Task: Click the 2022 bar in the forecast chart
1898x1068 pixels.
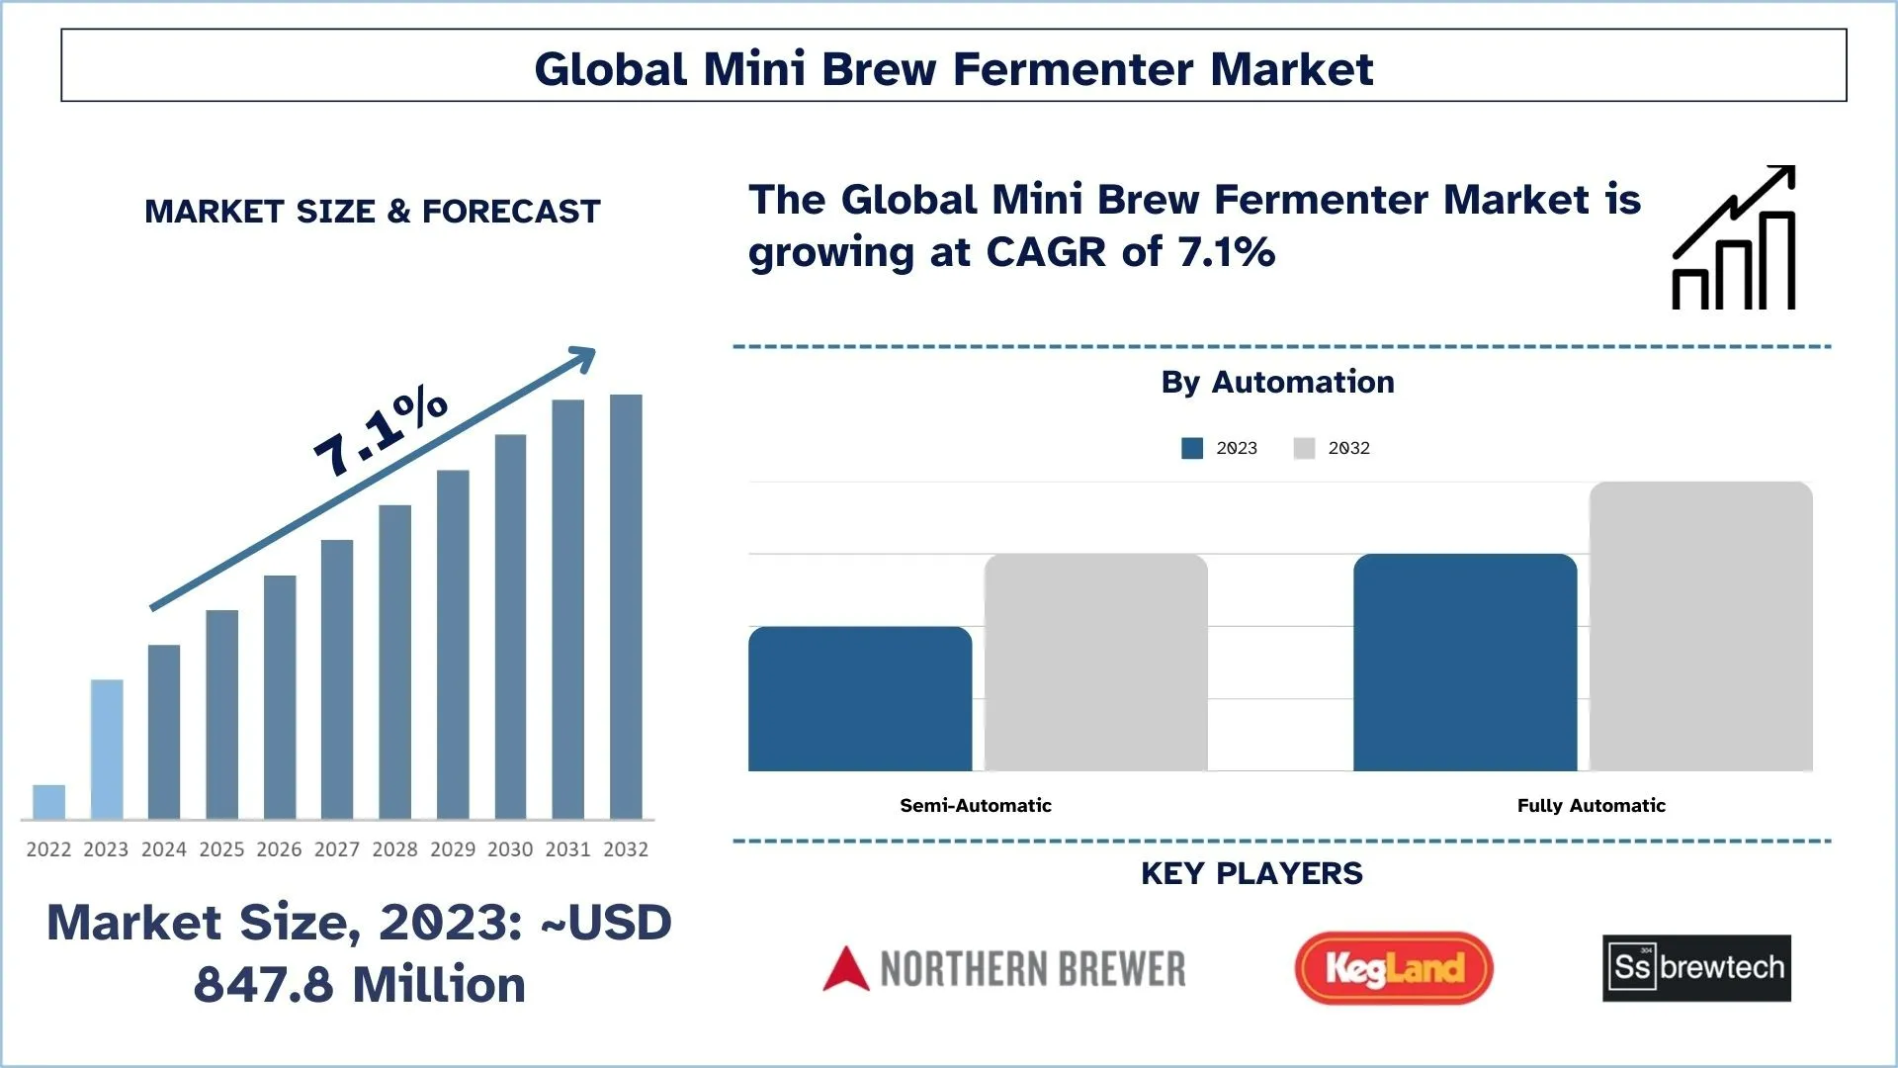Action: tap(48, 802)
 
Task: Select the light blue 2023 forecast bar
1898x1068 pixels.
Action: tap(107, 750)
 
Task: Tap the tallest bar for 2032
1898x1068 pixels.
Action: tap(626, 607)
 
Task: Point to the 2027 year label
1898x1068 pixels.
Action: tap(337, 849)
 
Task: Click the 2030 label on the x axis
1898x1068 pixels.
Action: tap(510, 849)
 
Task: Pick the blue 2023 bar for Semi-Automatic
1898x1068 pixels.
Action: tap(860, 699)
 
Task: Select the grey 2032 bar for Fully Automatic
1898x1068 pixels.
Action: tap(1701, 626)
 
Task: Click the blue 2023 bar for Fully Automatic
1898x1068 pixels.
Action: tap(1465, 663)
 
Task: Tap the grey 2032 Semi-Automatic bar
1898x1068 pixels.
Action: tap(1096, 663)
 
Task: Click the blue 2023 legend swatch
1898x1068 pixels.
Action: tap(1192, 448)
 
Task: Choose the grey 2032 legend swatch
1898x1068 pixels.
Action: tap(1304, 448)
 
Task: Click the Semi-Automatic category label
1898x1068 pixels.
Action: tap(976, 805)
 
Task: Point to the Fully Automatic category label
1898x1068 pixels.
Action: tap(1592, 805)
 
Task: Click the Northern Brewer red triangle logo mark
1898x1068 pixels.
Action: tap(846, 969)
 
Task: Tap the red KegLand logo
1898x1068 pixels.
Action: tap(1394, 968)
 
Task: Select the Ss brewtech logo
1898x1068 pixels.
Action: tap(1696, 968)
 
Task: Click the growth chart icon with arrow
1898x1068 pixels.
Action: tap(1734, 237)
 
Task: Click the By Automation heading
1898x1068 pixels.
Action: tap(1278, 382)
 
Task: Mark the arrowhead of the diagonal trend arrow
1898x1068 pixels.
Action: tap(585, 357)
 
